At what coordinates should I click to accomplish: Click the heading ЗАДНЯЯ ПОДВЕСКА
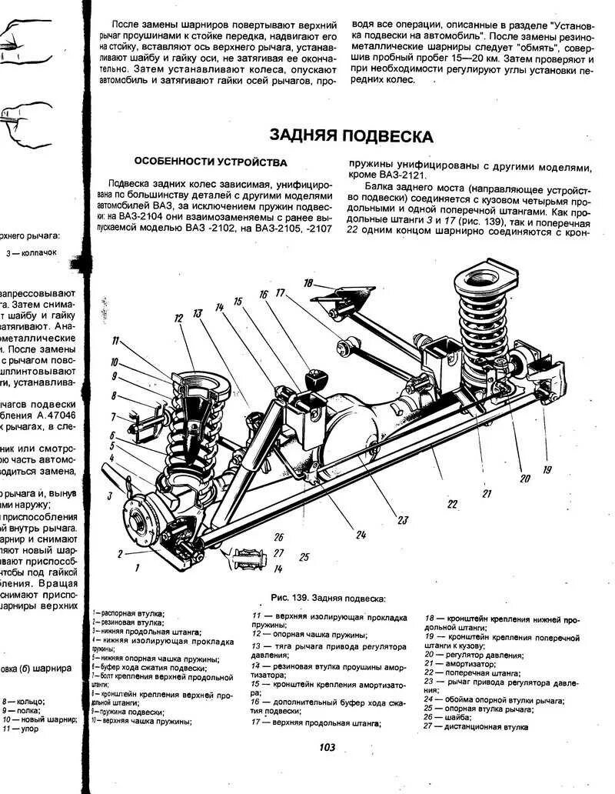351,136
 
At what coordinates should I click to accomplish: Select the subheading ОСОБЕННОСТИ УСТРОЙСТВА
211,162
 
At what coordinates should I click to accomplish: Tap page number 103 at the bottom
326,747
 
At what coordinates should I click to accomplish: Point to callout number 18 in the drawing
308,284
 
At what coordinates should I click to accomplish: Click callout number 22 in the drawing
452,504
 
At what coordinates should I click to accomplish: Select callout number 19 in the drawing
547,469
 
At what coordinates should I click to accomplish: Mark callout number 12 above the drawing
178,318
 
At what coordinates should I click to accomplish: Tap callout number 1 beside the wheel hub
137,568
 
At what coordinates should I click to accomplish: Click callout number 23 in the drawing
401,519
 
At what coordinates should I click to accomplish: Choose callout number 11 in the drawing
116,341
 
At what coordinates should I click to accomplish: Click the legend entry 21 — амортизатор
465,662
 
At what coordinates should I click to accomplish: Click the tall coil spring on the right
480,323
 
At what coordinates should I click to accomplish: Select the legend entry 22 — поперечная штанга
474,672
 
